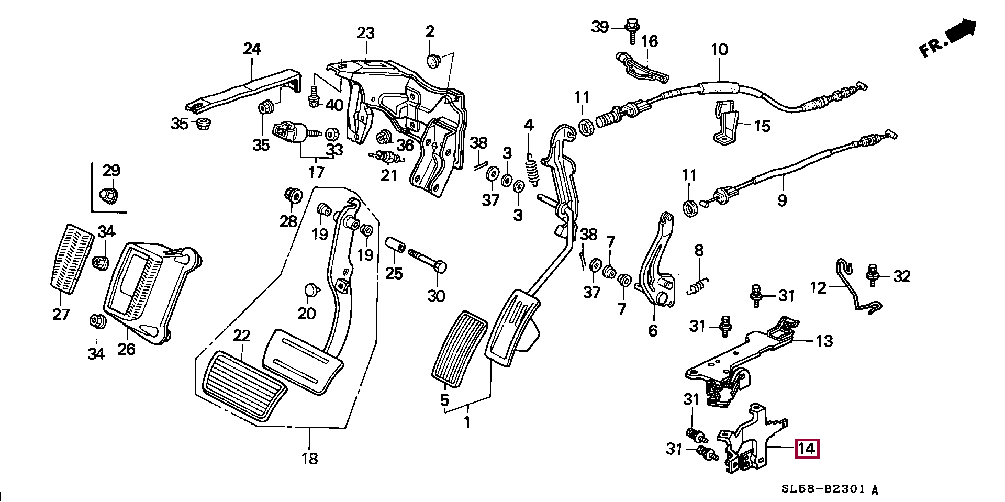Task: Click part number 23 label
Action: pyautogui.click(x=366, y=34)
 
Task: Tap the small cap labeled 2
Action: pyautogui.click(x=432, y=62)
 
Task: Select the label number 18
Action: pyautogui.click(x=309, y=459)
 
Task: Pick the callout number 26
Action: pyautogui.click(x=126, y=349)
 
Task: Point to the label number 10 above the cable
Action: pyautogui.click(x=719, y=50)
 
